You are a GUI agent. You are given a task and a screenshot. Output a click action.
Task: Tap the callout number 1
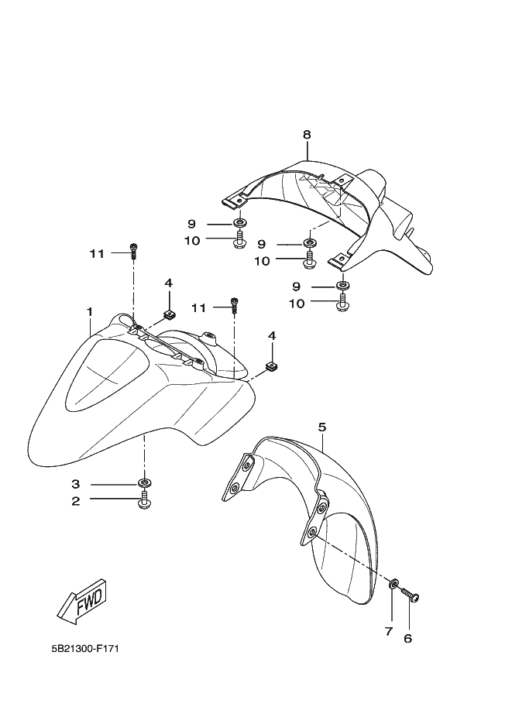pyautogui.click(x=90, y=311)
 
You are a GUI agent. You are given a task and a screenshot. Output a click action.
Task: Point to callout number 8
pyautogui.click(x=307, y=134)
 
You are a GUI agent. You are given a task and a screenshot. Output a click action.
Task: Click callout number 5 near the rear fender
pyautogui.click(x=322, y=427)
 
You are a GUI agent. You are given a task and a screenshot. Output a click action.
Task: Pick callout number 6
pyautogui.click(x=407, y=639)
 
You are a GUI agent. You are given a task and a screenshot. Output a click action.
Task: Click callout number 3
pyautogui.click(x=76, y=484)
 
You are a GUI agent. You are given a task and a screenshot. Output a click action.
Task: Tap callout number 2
pyautogui.click(x=76, y=501)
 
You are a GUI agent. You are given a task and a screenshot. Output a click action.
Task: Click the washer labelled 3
pyautogui.click(x=144, y=485)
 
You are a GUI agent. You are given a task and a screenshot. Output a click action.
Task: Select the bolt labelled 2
pyautogui.click(x=144, y=503)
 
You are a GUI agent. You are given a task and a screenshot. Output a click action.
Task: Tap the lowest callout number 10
pyautogui.click(x=276, y=304)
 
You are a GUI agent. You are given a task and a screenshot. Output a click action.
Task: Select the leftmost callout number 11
pyautogui.click(x=96, y=252)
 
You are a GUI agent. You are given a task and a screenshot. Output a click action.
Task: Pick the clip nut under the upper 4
pyautogui.click(x=169, y=314)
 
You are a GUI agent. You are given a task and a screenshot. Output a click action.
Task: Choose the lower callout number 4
pyautogui.click(x=271, y=335)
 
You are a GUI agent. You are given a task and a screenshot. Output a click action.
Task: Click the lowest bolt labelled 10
pyautogui.click(x=342, y=306)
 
